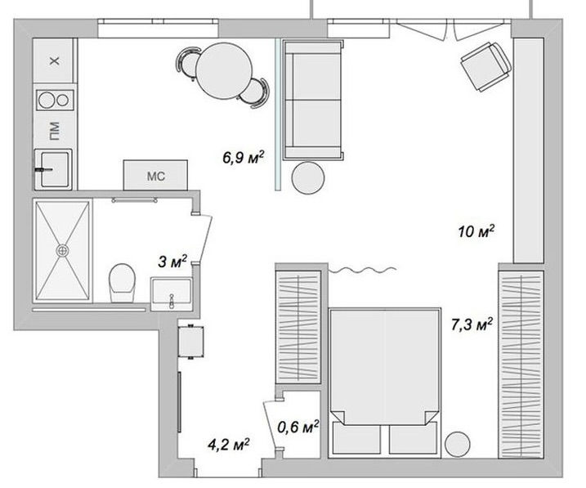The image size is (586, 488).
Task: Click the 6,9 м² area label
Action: tap(244, 157)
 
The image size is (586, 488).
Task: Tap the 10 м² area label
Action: tap(476, 231)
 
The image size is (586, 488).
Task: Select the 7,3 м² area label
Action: tap(472, 325)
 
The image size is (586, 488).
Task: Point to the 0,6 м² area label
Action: tap(297, 427)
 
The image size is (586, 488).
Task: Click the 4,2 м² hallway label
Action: tap(228, 445)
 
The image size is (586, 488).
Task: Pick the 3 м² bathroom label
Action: tap(172, 262)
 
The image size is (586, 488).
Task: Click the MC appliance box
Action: tap(155, 175)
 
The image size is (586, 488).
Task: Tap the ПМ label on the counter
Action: tap(55, 131)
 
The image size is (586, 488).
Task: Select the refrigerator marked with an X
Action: tap(53, 60)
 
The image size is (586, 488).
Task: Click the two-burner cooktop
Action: tap(55, 101)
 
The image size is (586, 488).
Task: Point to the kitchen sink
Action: tap(52, 169)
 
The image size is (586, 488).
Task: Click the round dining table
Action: tap(224, 70)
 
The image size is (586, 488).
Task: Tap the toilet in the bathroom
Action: tap(122, 283)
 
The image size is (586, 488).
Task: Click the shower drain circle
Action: tap(62, 250)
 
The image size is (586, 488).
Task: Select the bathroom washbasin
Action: tap(172, 293)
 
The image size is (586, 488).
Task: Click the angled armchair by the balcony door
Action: tap(485, 66)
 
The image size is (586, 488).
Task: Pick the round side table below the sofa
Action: tap(308, 178)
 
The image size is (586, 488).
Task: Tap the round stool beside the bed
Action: tap(458, 445)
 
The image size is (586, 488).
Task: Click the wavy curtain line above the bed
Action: tap(362, 270)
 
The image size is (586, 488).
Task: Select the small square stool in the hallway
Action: tap(191, 342)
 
